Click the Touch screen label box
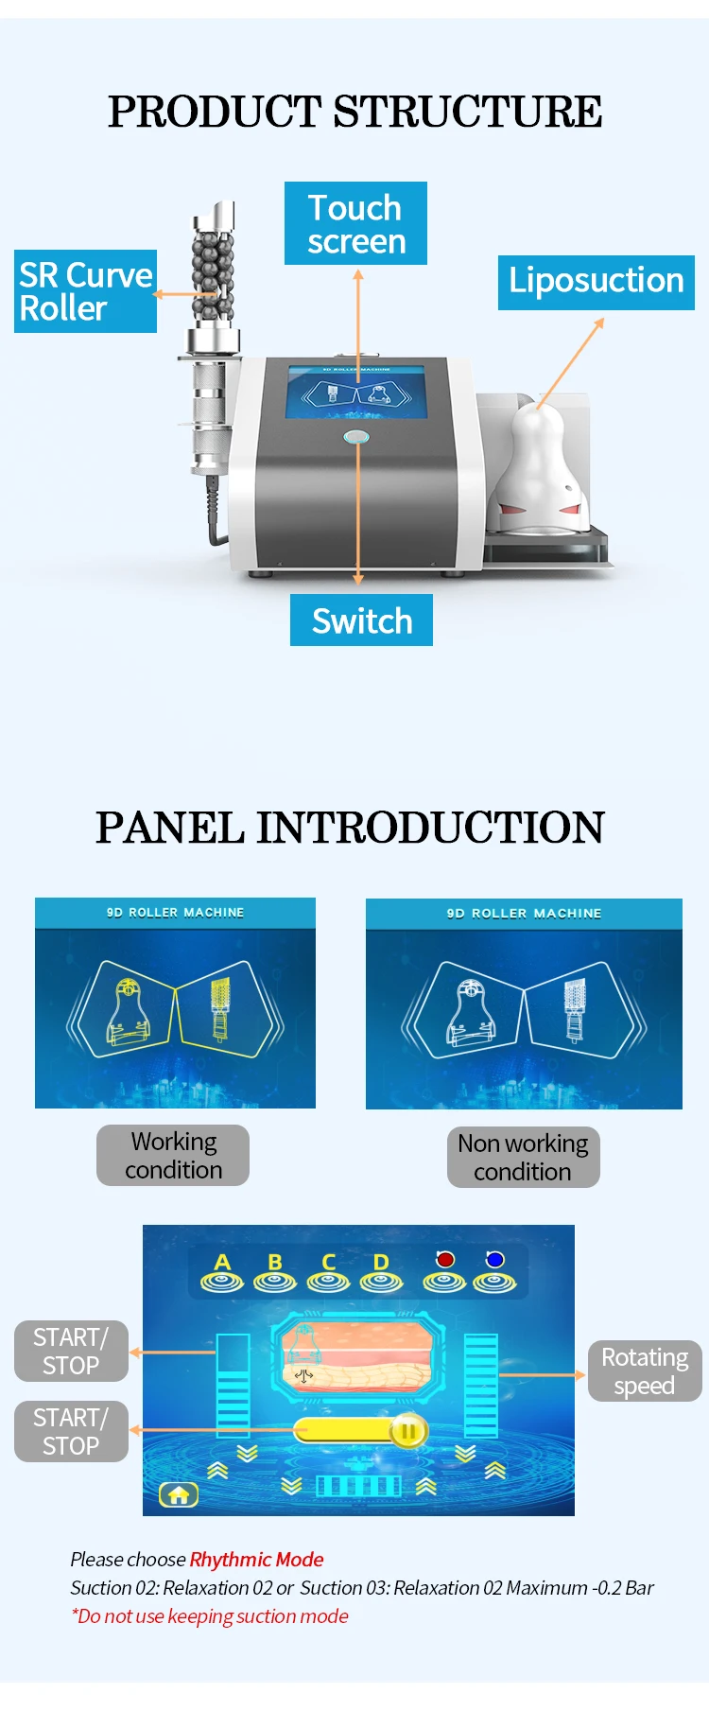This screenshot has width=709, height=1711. point(355,223)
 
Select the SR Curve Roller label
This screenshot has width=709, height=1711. point(85,291)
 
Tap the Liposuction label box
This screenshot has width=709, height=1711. point(596,282)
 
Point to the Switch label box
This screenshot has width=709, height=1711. point(361,620)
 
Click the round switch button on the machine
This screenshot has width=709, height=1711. point(356,437)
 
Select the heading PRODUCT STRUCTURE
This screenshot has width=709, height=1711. point(354,112)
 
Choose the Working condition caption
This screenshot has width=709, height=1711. point(173,1155)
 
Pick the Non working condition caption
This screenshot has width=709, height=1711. point(523,1157)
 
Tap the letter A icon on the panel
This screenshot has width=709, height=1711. point(222,1273)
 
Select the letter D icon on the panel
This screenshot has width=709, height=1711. point(381,1273)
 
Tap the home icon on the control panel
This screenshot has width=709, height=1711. point(179,1495)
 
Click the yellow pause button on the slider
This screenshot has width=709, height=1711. point(408,1431)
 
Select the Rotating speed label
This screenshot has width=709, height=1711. point(645,1371)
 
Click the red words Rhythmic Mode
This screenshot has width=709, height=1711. point(256,1560)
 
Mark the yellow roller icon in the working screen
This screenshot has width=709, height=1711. point(220,1008)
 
